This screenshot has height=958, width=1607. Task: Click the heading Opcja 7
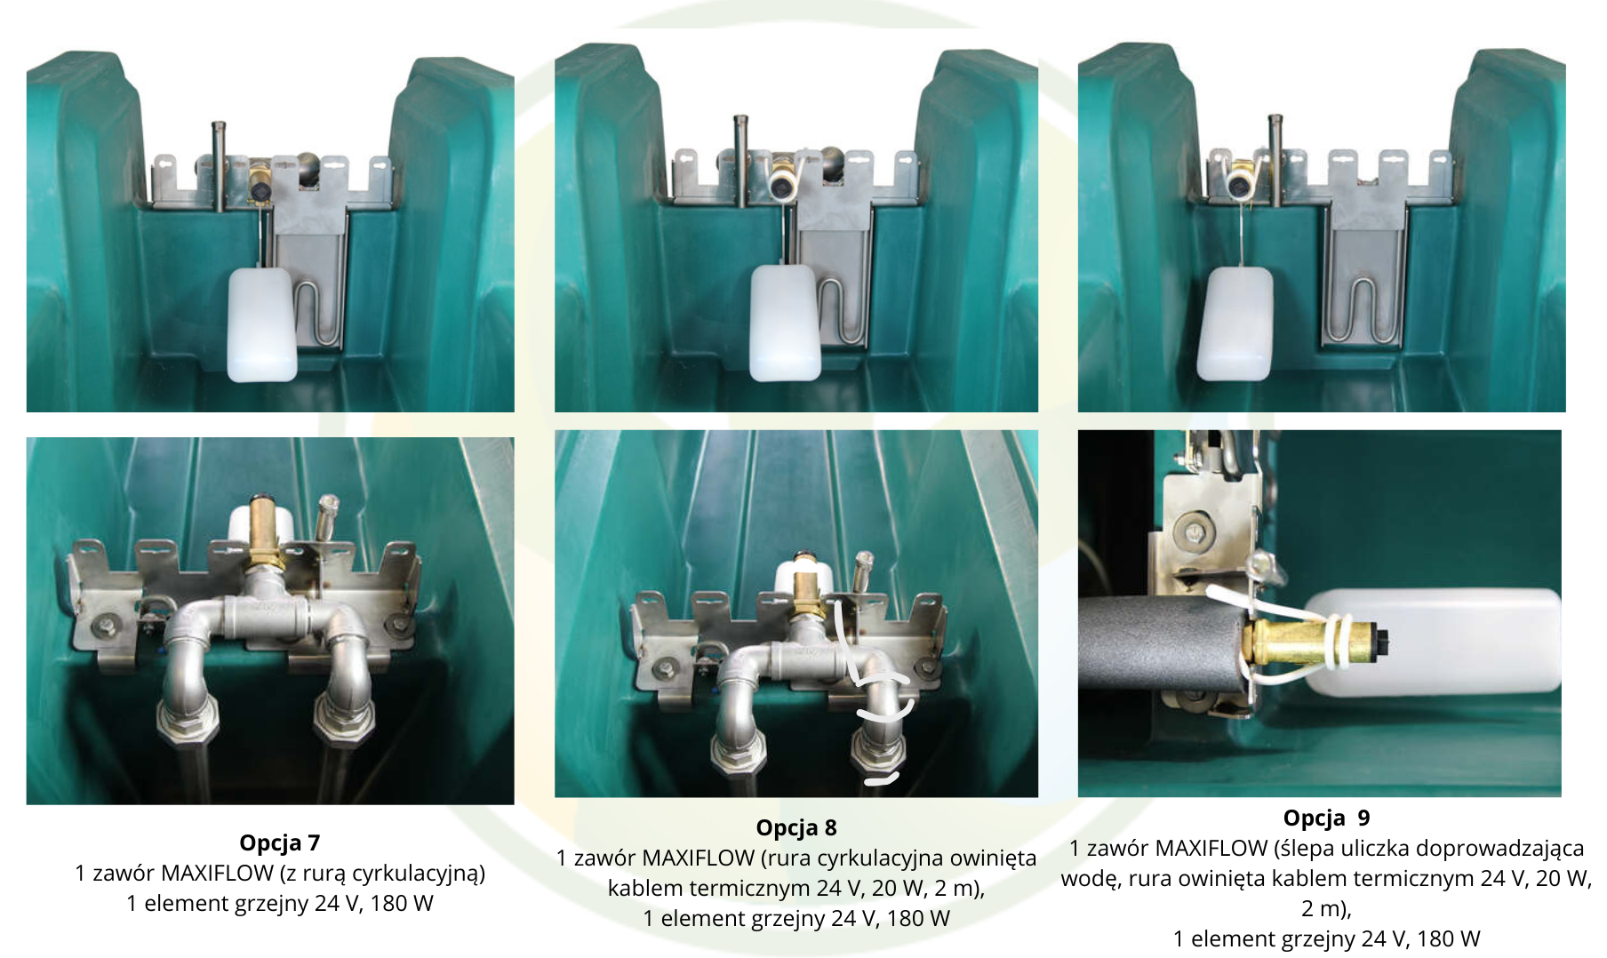pos(279,842)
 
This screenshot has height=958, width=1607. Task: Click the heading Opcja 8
pos(796,828)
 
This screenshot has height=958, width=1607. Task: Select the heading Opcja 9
pos(1326,818)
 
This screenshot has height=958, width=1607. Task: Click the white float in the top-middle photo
pos(786,322)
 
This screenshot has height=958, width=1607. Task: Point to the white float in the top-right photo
pos(1235,324)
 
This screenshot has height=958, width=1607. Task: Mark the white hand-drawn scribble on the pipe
pos(875,693)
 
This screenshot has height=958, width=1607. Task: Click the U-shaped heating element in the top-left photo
pos(317,311)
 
